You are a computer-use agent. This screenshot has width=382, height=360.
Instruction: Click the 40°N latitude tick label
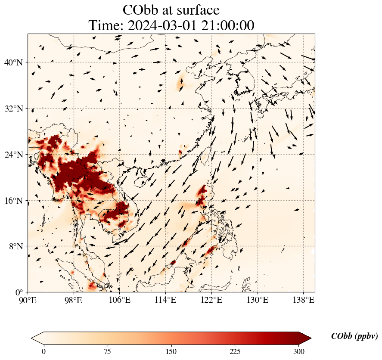[x=16, y=62]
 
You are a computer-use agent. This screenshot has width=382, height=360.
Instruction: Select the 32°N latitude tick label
[x=16, y=109]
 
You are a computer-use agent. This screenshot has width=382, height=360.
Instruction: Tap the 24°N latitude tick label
[x=16, y=155]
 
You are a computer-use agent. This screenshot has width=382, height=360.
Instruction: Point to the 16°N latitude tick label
[x=16, y=201]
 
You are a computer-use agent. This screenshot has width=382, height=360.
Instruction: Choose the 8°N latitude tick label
[x=18, y=246]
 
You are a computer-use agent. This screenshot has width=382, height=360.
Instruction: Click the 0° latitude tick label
[x=20, y=292]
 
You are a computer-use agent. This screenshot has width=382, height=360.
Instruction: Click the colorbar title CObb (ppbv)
[x=354, y=336]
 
